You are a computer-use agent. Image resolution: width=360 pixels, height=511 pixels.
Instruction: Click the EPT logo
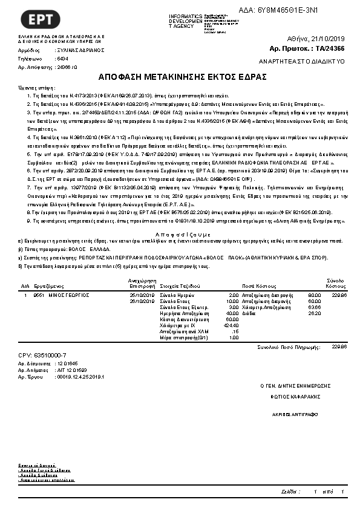click(41, 19)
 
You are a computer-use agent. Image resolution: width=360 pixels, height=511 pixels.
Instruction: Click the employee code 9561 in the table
click(38, 295)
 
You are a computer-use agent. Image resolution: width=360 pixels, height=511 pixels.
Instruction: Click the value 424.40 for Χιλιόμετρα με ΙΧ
click(231, 325)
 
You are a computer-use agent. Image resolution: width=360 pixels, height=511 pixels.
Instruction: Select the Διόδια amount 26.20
click(314, 313)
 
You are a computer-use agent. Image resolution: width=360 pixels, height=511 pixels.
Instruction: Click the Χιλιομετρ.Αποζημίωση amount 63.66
click(314, 307)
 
